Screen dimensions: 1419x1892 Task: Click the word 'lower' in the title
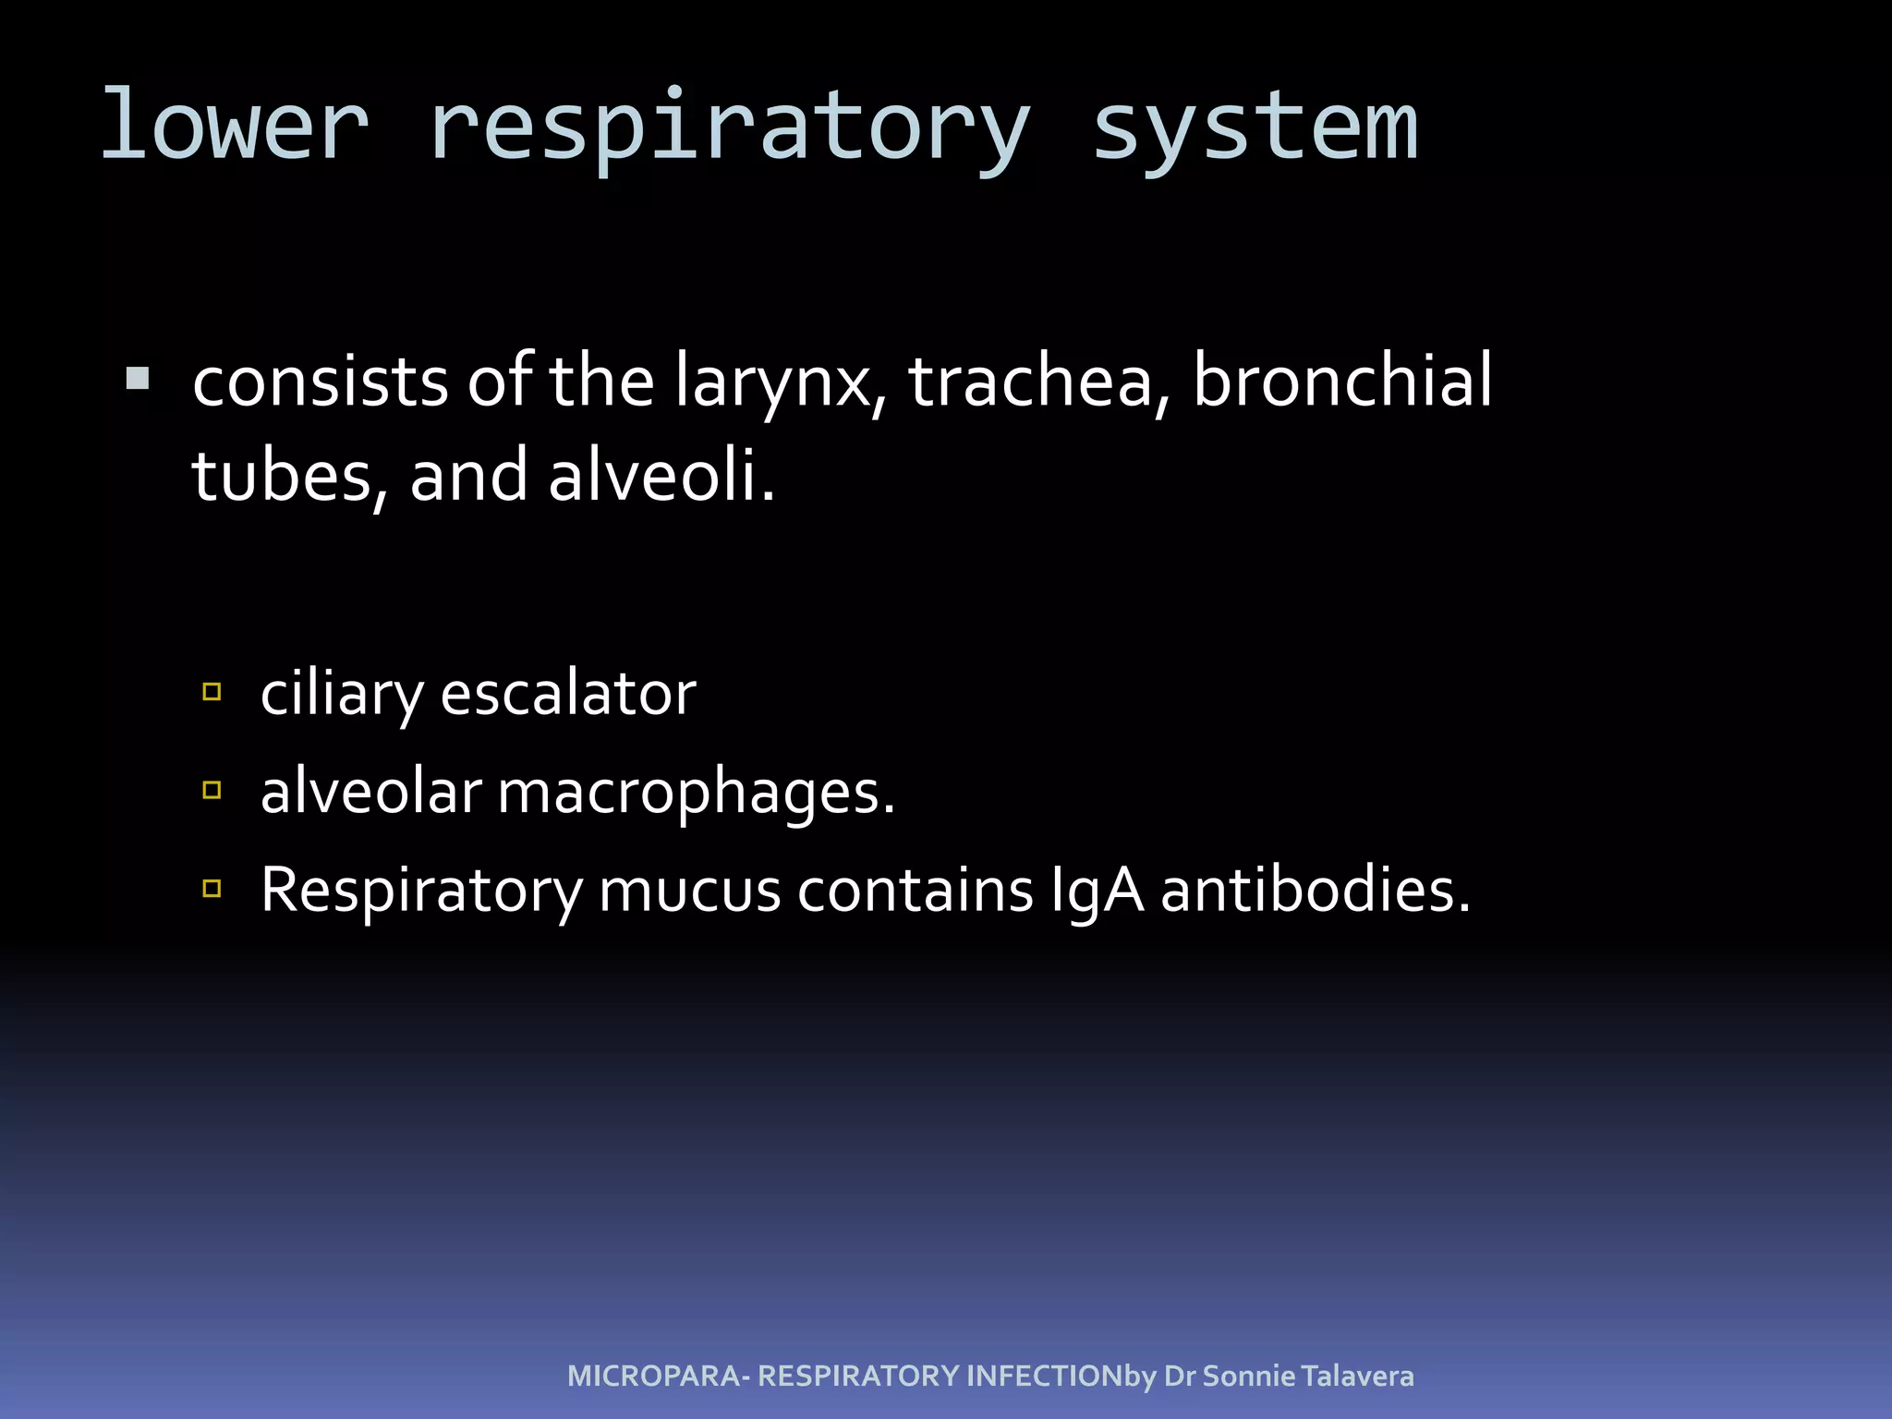[235, 125]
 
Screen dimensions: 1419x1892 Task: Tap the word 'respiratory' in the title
[729, 129]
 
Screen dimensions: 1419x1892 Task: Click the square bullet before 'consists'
[138, 379]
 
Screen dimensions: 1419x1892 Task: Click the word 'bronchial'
[1342, 381]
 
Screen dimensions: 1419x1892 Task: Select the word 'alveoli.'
[661, 475]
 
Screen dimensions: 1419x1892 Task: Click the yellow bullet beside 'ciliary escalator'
[212, 691]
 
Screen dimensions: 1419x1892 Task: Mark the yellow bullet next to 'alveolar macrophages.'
[212, 789]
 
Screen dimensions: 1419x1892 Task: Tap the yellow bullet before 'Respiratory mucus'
[212, 889]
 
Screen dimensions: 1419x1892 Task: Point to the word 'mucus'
[689, 891]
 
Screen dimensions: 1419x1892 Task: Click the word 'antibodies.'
[1315, 891]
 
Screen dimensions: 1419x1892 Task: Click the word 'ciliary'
[342, 695]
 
